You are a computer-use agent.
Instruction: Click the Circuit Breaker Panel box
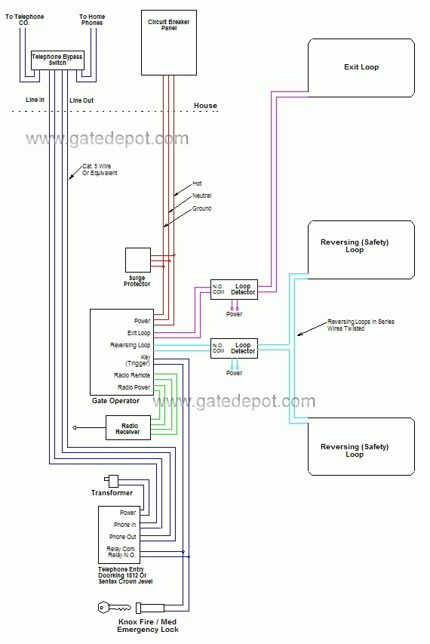click(169, 43)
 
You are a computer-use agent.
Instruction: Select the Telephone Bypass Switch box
click(57, 60)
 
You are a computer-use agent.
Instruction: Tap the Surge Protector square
click(138, 260)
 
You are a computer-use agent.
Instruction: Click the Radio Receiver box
click(128, 428)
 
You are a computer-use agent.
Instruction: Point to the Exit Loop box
click(361, 68)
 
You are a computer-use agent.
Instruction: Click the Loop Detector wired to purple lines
click(234, 289)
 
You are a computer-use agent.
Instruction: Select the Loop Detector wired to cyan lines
click(234, 348)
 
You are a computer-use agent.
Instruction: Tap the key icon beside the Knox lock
click(115, 608)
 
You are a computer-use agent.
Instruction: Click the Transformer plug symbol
click(112, 480)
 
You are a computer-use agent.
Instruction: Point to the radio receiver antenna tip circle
click(74, 428)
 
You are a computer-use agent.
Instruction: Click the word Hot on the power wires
click(197, 183)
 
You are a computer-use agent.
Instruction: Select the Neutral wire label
click(202, 196)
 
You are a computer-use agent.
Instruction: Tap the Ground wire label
click(202, 208)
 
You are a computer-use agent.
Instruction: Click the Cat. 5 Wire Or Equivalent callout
click(100, 170)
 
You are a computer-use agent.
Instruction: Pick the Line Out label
click(81, 100)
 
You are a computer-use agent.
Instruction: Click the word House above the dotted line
click(205, 106)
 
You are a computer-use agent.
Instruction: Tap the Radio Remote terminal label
click(132, 375)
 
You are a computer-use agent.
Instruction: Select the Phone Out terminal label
click(123, 537)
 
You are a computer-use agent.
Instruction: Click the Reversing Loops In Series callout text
click(361, 325)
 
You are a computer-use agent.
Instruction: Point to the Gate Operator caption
click(115, 401)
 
